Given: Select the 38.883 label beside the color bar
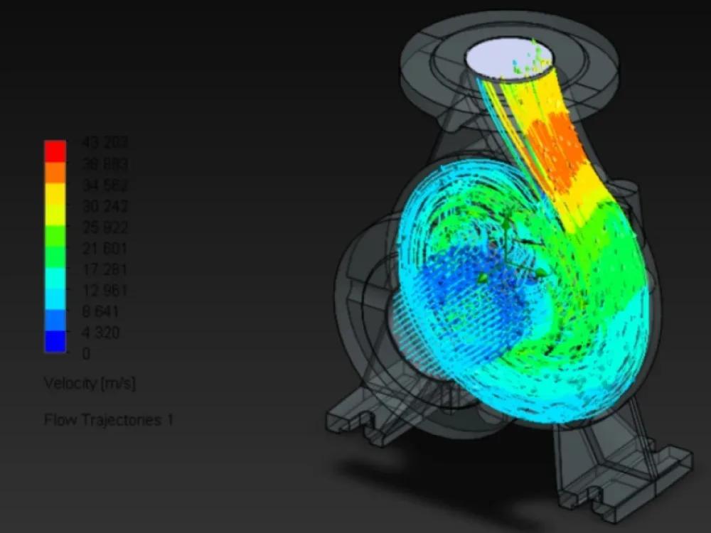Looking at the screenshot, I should click(x=105, y=165).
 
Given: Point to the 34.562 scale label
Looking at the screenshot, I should click(x=105, y=186).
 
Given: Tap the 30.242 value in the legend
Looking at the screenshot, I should click(x=105, y=207).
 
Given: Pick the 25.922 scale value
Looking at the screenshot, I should click(x=105, y=228).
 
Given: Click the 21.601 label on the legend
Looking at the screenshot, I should click(x=105, y=249).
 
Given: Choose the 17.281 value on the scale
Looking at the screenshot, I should click(x=105, y=270).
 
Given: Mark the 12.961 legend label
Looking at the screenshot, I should click(x=105, y=291).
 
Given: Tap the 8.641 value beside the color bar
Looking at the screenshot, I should click(x=101, y=312).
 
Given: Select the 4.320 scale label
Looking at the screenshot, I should click(x=101, y=333).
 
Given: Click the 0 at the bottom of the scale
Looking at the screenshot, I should click(x=87, y=353).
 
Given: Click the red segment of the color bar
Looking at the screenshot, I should click(x=55, y=151).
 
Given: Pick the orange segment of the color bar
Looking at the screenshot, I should click(x=55, y=172).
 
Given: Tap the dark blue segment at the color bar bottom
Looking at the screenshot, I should click(x=55, y=341).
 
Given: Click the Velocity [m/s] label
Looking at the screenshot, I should click(x=90, y=384).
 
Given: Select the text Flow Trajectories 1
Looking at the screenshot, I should click(x=108, y=420).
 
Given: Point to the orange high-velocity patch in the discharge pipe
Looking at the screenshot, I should click(x=558, y=153).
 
